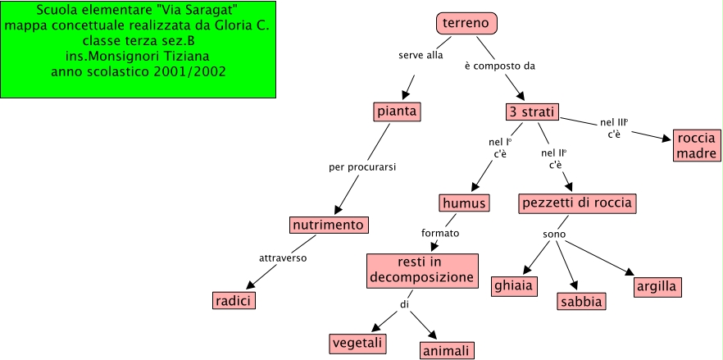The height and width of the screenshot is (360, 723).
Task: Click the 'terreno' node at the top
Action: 466,24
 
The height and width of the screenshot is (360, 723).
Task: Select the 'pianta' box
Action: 397,111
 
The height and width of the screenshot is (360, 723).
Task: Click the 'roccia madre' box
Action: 697,145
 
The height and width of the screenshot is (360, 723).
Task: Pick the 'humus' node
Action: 464,203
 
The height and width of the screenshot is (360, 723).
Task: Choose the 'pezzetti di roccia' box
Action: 577,203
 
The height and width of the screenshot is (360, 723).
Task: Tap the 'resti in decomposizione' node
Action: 421,270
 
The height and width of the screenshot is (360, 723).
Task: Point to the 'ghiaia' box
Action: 514,286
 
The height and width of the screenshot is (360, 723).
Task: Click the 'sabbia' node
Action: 581,301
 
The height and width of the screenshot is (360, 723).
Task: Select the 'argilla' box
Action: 658,287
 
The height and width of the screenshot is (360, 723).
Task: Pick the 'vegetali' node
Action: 358,343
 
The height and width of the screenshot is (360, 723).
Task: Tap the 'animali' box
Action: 447,351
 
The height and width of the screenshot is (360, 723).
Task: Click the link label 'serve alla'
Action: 420,57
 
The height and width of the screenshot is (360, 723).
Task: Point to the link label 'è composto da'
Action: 499,66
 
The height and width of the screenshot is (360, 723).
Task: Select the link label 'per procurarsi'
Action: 362,167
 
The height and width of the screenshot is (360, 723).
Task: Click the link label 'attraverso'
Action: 283,258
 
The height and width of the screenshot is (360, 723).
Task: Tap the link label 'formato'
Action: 440,233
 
